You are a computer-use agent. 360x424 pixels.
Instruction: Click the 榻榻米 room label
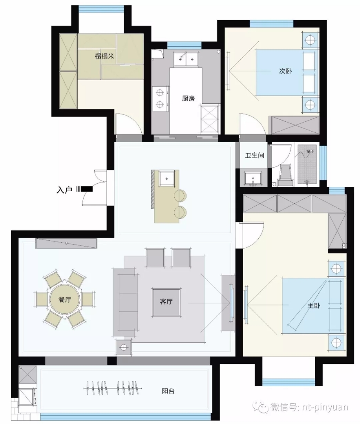click(x=104, y=56)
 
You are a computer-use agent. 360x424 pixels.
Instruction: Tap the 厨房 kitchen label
click(x=188, y=99)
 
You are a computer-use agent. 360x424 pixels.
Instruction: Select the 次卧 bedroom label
click(x=285, y=71)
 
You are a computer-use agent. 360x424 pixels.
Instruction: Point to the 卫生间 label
click(x=254, y=155)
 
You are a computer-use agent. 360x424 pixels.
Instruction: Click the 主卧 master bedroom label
click(x=314, y=306)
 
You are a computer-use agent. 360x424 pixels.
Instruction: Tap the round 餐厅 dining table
click(x=65, y=300)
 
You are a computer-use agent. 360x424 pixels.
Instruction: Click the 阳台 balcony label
click(x=168, y=391)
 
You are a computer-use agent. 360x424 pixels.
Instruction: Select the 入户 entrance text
click(x=64, y=190)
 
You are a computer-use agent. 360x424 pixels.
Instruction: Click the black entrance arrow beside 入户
click(x=85, y=189)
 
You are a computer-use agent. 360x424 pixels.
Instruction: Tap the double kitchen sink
click(x=186, y=59)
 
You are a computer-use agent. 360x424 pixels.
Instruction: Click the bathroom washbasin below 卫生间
click(x=253, y=179)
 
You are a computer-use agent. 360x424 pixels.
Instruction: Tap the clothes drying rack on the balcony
click(x=113, y=389)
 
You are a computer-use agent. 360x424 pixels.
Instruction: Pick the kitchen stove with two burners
click(x=161, y=99)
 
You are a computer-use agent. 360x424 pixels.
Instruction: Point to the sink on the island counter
click(x=166, y=178)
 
